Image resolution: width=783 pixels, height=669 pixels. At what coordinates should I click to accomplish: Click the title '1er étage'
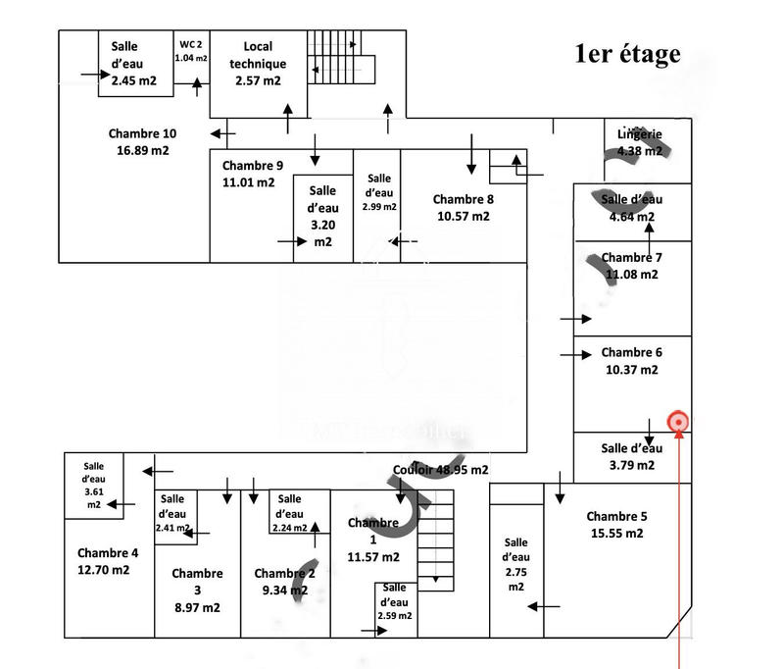pyautogui.click(x=627, y=54)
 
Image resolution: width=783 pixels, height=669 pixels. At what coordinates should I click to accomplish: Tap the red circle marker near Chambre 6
pyautogui.click(x=677, y=423)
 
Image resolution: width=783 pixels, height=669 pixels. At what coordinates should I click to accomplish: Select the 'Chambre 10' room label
pyautogui.click(x=142, y=134)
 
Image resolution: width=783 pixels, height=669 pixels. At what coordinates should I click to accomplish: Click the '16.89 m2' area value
pyautogui.click(x=142, y=151)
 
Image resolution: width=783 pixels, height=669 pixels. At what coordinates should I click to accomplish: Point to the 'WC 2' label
pyautogui.click(x=191, y=44)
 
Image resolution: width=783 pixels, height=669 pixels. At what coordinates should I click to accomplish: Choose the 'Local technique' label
pyautogui.click(x=258, y=55)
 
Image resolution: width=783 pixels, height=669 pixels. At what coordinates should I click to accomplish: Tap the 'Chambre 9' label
pyautogui.click(x=253, y=166)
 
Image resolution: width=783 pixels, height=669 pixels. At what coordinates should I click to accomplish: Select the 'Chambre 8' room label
pyautogui.click(x=464, y=199)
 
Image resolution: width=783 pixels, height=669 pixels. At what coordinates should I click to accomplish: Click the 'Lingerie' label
pyautogui.click(x=640, y=134)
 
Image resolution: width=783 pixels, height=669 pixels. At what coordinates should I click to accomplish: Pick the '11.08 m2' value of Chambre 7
pyautogui.click(x=632, y=275)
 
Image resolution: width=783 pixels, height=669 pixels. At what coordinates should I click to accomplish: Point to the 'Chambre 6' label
pyautogui.click(x=632, y=352)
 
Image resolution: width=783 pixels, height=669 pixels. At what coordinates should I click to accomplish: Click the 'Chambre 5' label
pyautogui.click(x=617, y=516)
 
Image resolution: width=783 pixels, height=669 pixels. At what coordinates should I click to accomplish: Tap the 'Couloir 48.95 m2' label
pyautogui.click(x=440, y=470)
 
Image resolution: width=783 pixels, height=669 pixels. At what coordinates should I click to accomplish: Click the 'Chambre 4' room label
pyautogui.click(x=108, y=552)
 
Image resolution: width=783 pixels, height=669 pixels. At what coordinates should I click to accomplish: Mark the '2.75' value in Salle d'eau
pyautogui.click(x=516, y=571)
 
